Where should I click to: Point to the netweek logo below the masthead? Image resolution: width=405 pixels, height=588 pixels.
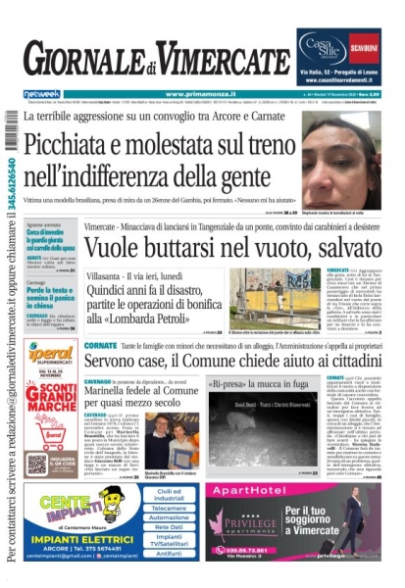pos(38,94)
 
